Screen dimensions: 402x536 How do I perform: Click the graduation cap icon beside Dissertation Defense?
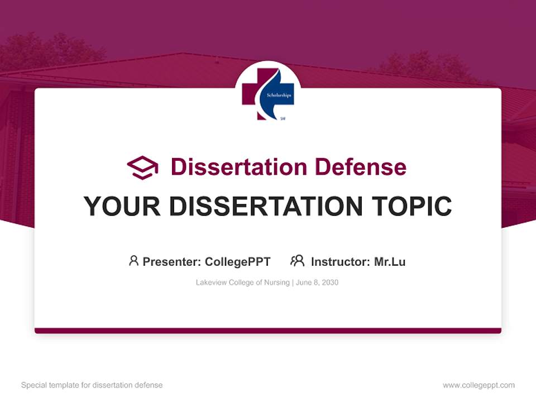point(142,167)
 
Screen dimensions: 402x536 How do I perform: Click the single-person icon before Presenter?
point(133,261)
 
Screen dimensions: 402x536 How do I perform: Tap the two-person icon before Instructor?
point(297,261)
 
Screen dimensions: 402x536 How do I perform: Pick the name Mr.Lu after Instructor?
point(390,262)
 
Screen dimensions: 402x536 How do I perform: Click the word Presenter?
point(172,262)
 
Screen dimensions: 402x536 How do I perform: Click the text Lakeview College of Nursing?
point(242,283)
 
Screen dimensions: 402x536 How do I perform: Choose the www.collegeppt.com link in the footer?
point(478,385)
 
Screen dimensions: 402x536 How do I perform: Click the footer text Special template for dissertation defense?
point(92,385)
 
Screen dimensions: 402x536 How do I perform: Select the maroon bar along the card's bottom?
point(268,331)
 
